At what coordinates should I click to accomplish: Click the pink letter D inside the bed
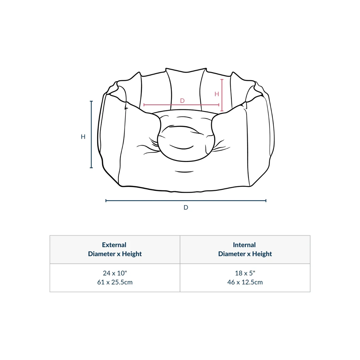coord(182,100)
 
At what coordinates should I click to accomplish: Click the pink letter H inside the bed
coord(217,94)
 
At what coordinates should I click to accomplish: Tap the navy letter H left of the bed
coord(83,136)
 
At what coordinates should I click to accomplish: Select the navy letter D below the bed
coord(186,207)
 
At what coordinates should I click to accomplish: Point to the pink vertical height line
coord(222,95)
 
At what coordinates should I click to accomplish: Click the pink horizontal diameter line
coord(181,105)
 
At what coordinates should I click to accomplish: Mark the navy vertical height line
coord(91,134)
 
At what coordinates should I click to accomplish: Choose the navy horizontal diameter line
coord(186,201)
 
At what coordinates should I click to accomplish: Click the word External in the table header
coord(114,245)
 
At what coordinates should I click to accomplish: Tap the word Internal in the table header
coord(244,245)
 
